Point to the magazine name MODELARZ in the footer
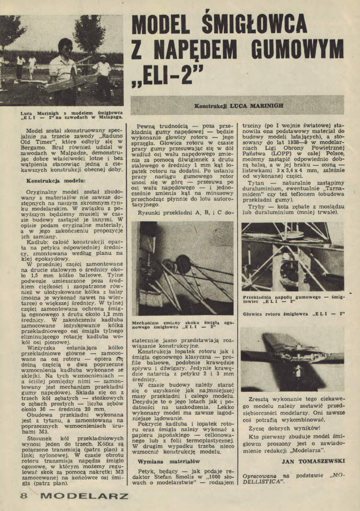(84, 496)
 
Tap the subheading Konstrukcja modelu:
(55, 180)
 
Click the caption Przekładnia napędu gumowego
(293, 298)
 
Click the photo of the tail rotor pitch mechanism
(182, 268)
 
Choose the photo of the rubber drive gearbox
(293, 257)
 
